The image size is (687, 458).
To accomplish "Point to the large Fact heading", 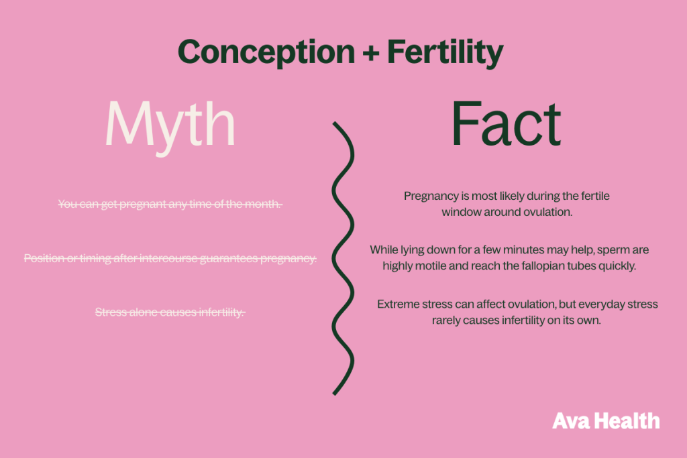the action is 506,123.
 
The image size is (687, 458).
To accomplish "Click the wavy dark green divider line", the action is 343,258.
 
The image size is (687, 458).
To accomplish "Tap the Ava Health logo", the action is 606,420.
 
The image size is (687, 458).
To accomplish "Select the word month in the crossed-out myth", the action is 262,204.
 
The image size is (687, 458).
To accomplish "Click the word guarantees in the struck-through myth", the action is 229,259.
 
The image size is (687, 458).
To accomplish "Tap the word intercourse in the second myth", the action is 168,258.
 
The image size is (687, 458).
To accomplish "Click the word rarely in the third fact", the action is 446,321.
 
